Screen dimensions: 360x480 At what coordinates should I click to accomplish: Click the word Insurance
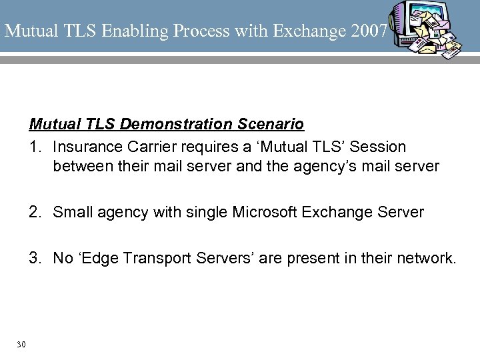pyautogui.click(x=83, y=145)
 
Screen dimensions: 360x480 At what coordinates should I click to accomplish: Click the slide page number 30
pyautogui.click(x=21, y=344)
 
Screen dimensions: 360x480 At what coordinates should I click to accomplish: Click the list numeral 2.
pyautogui.click(x=34, y=212)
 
